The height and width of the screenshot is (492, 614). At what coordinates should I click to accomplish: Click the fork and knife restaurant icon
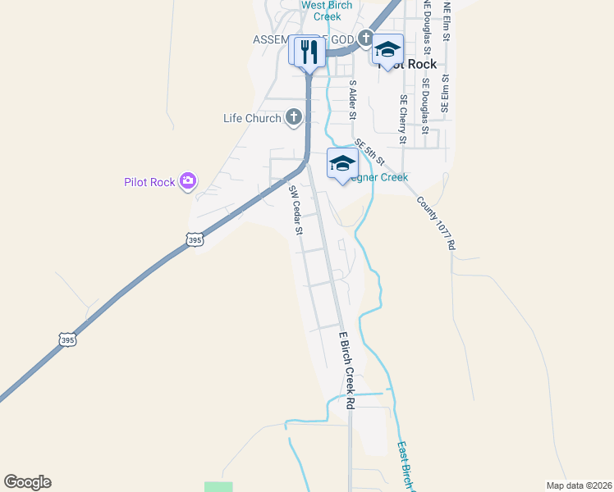308,52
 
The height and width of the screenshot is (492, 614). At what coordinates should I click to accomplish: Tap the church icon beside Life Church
293,119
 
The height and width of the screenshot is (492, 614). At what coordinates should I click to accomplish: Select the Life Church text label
252,119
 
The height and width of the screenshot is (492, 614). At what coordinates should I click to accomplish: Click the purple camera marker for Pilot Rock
188,181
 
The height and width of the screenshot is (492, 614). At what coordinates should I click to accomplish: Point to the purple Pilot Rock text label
149,182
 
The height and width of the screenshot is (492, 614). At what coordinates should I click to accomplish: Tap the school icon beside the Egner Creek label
341,162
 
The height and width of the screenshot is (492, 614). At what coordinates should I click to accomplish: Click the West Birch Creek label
327,11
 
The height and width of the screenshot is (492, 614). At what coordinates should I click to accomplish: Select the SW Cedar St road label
296,210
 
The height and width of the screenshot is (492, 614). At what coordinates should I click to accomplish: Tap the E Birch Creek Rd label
347,370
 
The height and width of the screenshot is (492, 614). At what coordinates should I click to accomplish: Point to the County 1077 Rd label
435,222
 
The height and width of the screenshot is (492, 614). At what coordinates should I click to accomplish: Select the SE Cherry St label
403,118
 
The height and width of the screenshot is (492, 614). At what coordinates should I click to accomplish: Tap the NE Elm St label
447,18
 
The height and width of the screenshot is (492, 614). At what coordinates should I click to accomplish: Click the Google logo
27,482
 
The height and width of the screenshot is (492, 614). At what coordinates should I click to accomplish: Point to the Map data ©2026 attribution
580,485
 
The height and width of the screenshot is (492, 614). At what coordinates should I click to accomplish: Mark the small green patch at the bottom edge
218,487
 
